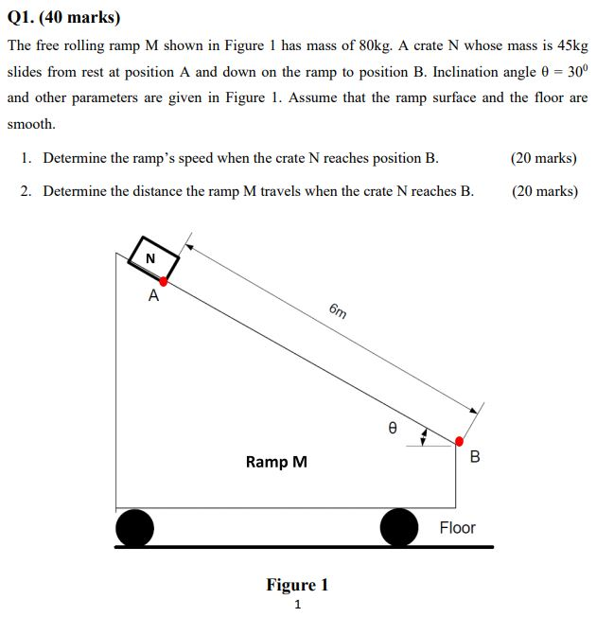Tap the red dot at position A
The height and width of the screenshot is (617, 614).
click(164, 281)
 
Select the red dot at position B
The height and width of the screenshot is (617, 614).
click(460, 441)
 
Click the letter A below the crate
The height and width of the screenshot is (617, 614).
click(153, 296)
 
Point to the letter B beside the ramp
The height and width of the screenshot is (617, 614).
click(475, 457)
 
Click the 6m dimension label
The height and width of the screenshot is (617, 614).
click(338, 311)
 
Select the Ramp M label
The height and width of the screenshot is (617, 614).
click(276, 462)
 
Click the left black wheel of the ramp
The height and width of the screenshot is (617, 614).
click(134, 527)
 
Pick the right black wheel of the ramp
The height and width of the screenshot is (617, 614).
click(398, 527)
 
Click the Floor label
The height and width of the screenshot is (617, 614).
click(457, 527)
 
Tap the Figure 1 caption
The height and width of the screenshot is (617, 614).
click(297, 584)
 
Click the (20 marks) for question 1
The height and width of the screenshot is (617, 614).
click(543, 158)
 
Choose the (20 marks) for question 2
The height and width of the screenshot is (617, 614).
click(544, 190)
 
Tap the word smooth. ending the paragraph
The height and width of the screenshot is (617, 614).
click(31, 123)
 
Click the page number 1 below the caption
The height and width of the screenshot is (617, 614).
click(297, 605)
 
